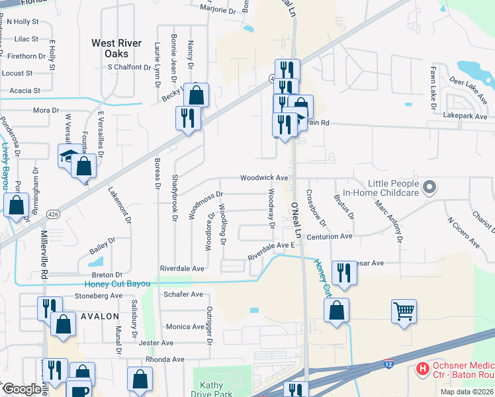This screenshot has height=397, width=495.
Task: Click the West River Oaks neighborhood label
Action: click(x=116, y=48)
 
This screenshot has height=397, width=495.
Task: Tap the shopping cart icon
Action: click(x=404, y=310)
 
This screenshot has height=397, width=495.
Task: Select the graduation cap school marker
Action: click(x=69, y=155)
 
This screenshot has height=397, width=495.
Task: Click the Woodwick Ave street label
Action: click(x=264, y=178)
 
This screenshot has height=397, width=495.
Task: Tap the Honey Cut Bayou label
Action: click(x=117, y=284)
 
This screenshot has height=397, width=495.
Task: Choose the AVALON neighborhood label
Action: click(x=99, y=316)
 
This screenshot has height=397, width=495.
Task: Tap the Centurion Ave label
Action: click(x=328, y=236)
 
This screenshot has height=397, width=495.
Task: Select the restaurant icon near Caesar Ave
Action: click(x=343, y=272)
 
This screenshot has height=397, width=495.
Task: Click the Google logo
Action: click(x=22, y=389)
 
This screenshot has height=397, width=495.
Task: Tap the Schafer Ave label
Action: click(x=183, y=294)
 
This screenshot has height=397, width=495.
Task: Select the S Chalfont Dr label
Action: click(x=134, y=67)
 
